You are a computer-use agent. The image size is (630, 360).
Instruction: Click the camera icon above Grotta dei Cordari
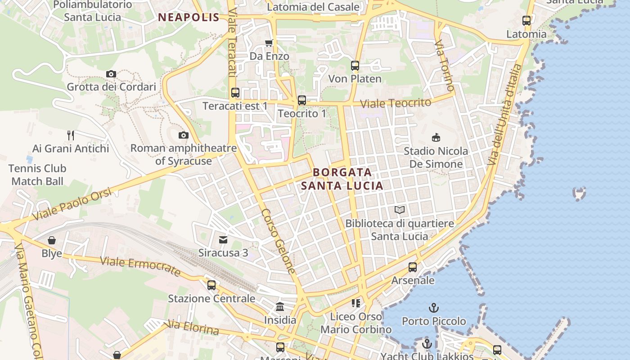click(111, 74)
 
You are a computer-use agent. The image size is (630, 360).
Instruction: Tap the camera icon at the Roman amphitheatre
click(183, 135)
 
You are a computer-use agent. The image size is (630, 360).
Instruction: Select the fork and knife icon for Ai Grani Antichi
click(71, 135)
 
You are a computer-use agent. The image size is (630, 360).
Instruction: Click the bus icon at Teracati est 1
click(235, 93)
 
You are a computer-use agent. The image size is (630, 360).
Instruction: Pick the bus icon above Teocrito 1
click(301, 100)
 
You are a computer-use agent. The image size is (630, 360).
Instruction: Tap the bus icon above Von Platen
click(355, 66)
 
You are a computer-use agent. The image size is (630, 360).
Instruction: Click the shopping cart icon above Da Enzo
click(269, 43)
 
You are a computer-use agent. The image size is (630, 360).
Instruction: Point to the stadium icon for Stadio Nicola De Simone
click(435, 137)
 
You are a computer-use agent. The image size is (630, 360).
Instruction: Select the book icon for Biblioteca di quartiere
click(399, 210)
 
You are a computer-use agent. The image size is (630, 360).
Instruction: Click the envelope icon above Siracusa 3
click(223, 239)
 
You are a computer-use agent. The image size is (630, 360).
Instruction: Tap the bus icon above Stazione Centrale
click(211, 285)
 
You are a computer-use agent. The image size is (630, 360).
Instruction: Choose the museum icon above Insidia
click(280, 307)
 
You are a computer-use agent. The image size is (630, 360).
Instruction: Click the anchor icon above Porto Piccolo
click(434, 308)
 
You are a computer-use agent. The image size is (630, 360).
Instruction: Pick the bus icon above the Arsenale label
click(413, 267)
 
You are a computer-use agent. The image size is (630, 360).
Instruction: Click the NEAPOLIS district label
click(189, 18)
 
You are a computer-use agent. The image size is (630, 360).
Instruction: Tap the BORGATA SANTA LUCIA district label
click(342, 179)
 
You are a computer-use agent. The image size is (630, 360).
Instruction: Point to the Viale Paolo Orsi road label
click(72, 204)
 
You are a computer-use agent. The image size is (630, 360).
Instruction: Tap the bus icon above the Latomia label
click(526, 21)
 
